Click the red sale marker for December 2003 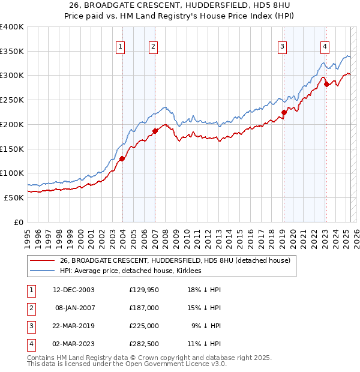[x=122, y=158]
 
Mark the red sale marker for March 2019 [x=284, y=112]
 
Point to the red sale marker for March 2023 [x=326, y=84]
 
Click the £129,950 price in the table [x=144, y=290]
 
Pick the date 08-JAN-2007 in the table [x=74, y=307]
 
